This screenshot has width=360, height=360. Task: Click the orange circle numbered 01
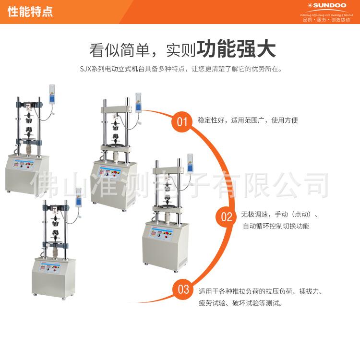[x=182, y=121]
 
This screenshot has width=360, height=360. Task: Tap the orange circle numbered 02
[x=226, y=217]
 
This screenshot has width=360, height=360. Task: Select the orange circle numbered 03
[x=184, y=289]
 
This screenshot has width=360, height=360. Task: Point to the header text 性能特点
[x=30, y=11]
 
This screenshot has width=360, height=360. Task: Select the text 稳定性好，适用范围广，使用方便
[x=248, y=120]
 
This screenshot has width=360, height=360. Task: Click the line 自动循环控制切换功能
[x=276, y=226]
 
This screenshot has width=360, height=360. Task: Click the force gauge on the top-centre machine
[x=139, y=102]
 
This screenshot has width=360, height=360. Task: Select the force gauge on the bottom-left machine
[x=78, y=197]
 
